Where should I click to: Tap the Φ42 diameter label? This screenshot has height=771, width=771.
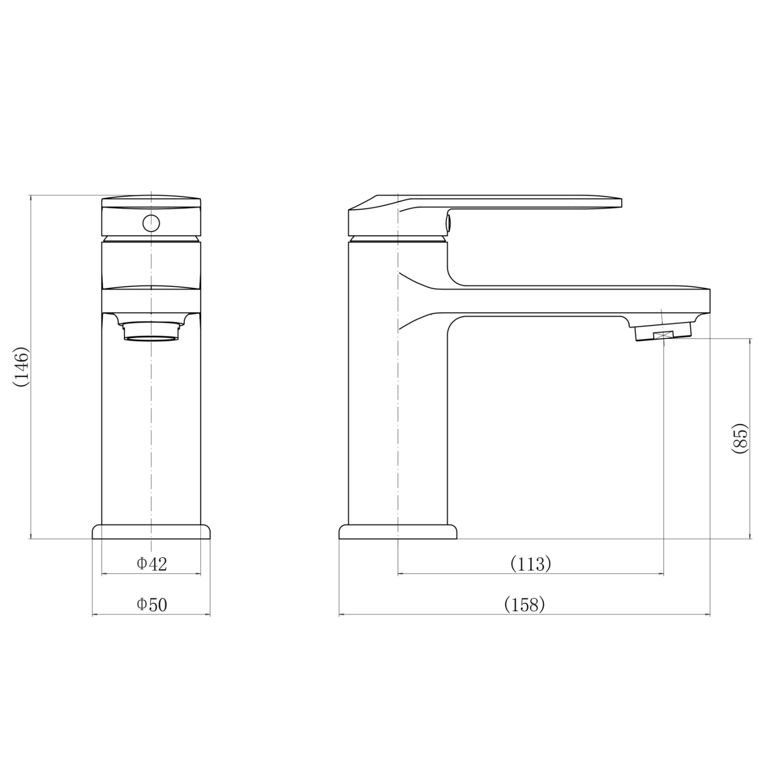pyautogui.click(x=152, y=564)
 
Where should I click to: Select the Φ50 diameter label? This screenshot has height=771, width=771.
pyautogui.click(x=152, y=604)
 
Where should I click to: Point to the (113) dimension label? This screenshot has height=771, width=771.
pyautogui.click(x=530, y=564)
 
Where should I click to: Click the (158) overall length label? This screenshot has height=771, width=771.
pyautogui.click(x=524, y=604)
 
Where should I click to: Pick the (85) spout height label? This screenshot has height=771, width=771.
pyautogui.click(x=740, y=438)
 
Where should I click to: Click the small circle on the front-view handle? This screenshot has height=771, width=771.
pyautogui.click(x=151, y=223)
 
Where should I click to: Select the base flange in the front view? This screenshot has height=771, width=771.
pyautogui.click(x=151, y=531)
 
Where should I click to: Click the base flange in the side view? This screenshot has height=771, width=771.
pyautogui.click(x=398, y=531)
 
